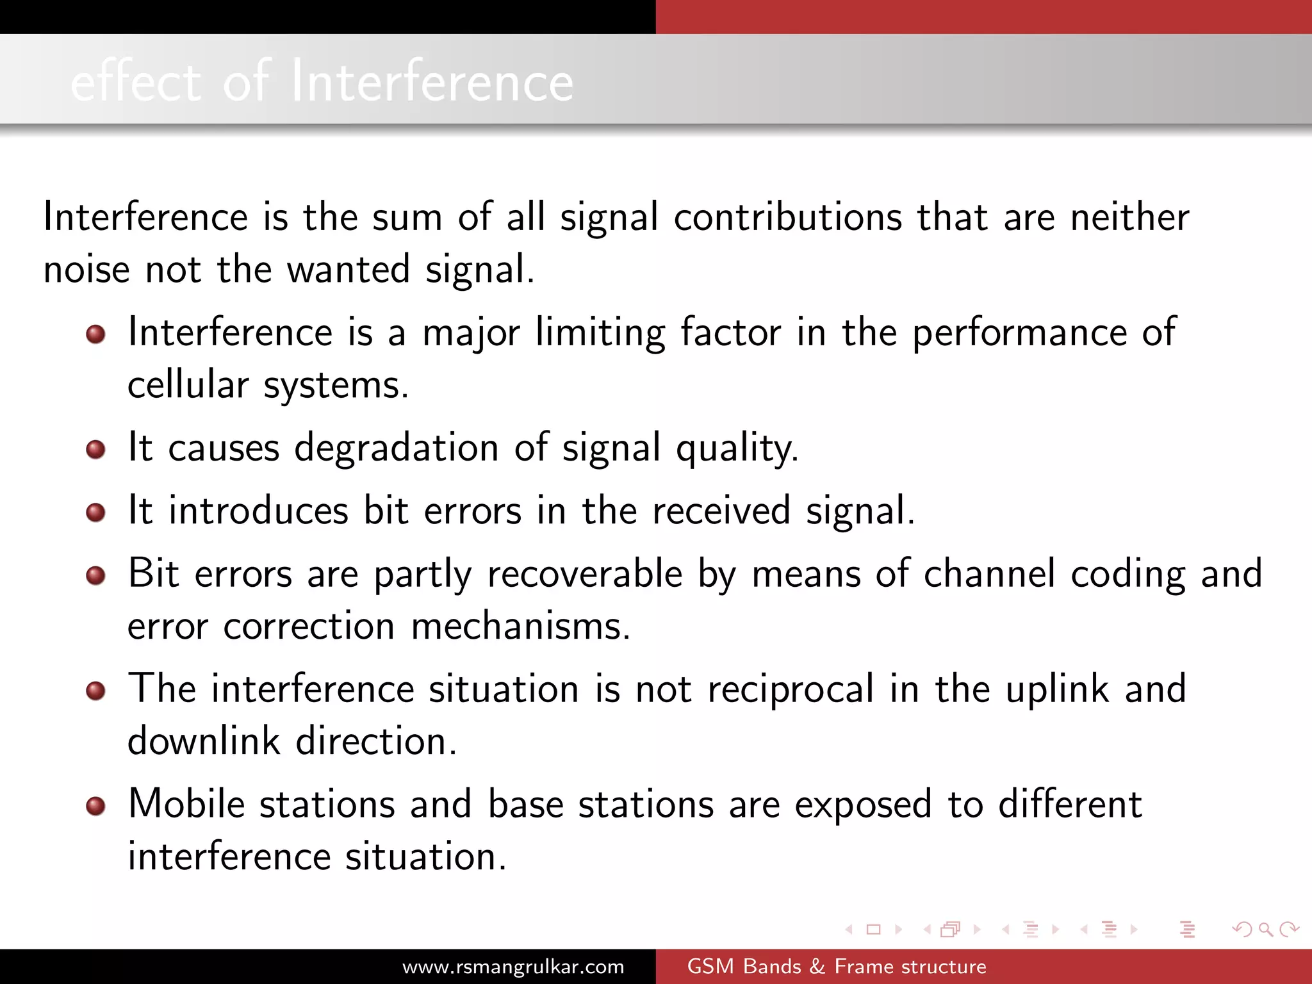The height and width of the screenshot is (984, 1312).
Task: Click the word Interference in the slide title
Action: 432,82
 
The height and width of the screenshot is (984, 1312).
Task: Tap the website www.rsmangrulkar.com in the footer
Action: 513,966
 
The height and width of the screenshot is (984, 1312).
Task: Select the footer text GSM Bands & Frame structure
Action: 836,966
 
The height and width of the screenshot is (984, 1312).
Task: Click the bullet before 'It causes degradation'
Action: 95,449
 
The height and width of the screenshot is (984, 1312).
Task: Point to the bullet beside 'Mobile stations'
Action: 95,806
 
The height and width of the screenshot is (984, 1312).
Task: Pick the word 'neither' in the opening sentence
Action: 1130,217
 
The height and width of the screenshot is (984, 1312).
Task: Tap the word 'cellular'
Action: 188,386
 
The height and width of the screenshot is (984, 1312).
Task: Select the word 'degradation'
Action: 396,448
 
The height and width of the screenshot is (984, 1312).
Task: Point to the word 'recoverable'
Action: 585,574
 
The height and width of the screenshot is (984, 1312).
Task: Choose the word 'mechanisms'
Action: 520,627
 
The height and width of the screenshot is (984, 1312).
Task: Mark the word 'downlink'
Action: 204,742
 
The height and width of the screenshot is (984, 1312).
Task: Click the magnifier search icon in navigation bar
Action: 1265,929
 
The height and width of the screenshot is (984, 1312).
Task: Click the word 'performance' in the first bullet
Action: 1019,334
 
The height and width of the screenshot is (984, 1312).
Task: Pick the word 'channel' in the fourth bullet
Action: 989,574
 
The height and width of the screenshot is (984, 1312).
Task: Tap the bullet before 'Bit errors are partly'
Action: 95,575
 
